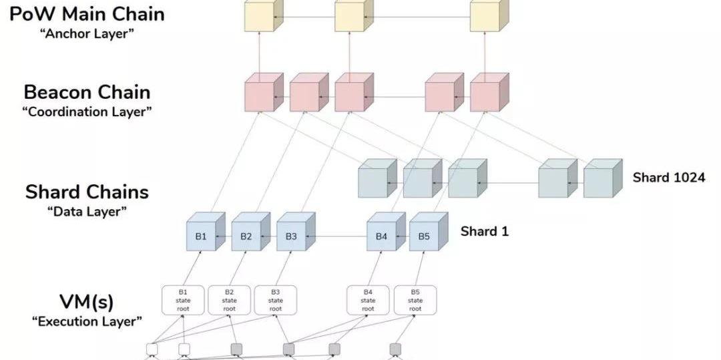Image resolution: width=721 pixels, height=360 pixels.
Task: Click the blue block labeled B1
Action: [201, 236]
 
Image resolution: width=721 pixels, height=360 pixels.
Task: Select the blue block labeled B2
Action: [246, 236]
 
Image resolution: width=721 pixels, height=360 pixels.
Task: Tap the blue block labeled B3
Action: [291, 236]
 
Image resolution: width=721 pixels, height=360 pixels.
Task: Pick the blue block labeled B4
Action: [381, 236]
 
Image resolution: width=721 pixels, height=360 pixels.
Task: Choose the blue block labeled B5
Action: [424, 236]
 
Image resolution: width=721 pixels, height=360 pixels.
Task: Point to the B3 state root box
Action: [276, 300]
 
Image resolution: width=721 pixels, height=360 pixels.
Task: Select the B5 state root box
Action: [415, 300]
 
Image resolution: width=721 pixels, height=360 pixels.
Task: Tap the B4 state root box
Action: [368, 300]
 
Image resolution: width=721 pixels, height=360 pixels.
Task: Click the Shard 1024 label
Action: [668, 178]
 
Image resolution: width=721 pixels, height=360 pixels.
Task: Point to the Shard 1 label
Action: [484, 232]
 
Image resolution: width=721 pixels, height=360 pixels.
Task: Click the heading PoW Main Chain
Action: [87, 13]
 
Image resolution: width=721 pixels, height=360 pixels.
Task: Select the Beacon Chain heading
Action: [87, 92]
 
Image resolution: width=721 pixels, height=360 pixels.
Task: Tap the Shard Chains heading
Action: [87, 192]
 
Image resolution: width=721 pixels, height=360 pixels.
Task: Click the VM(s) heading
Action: [87, 301]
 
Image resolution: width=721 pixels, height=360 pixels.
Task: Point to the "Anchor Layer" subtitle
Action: [87, 33]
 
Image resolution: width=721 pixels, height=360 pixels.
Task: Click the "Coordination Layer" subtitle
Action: [87, 112]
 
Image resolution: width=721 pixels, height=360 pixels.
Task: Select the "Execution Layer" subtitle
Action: [87, 321]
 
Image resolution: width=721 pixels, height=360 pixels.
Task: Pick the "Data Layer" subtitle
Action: [87, 212]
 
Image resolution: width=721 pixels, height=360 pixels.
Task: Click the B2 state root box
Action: [230, 300]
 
